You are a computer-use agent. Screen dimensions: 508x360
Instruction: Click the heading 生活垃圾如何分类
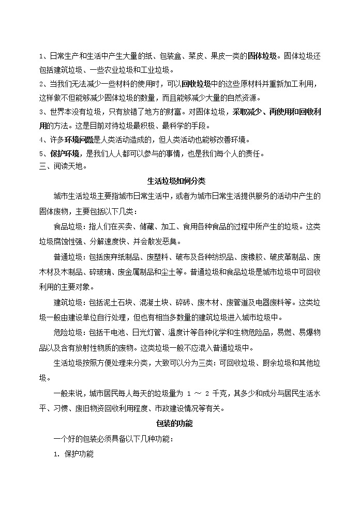coord(176,181)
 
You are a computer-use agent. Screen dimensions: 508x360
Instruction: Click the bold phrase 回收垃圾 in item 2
coord(197,84)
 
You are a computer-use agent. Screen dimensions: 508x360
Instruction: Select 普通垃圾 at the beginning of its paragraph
coord(70,257)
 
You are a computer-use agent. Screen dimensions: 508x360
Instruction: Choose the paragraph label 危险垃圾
coord(70,332)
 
